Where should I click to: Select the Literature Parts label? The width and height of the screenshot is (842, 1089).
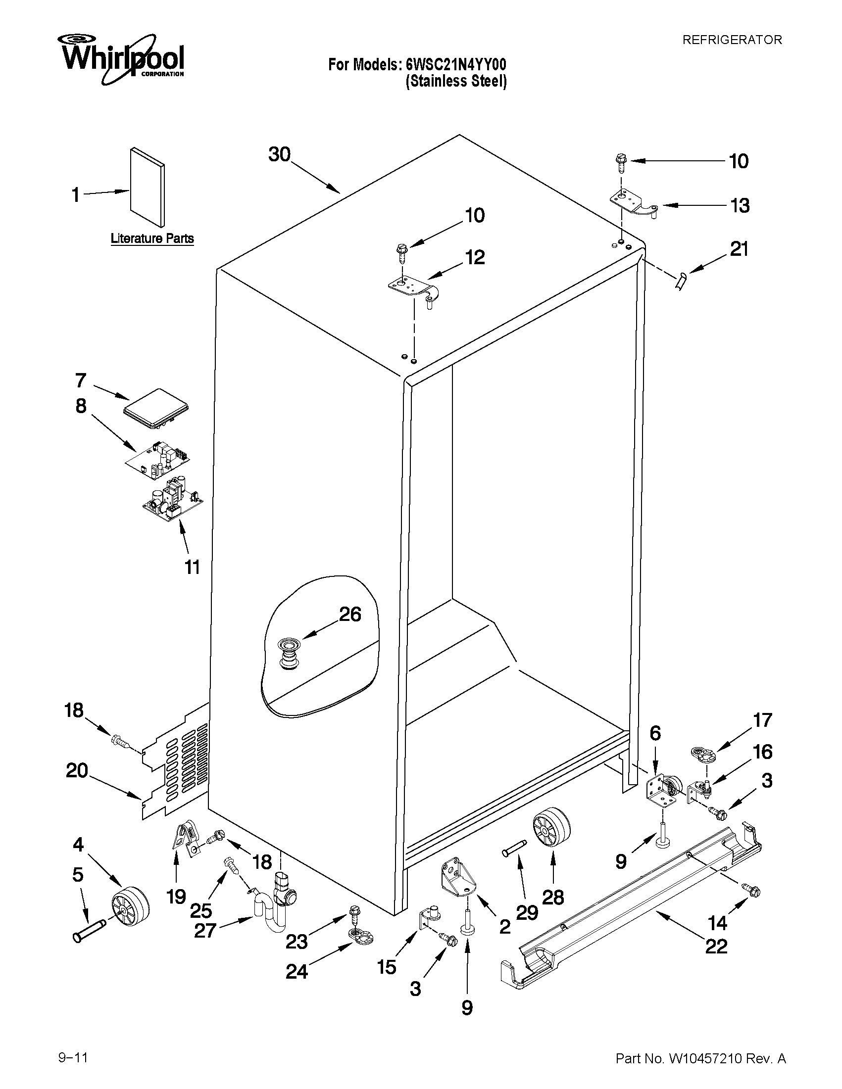point(152,238)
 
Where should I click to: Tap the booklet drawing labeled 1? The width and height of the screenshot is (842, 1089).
point(148,187)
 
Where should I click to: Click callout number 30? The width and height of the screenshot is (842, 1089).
point(279,154)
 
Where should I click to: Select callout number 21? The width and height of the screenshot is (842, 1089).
point(739,249)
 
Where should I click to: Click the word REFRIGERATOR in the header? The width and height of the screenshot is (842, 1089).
point(732,40)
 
